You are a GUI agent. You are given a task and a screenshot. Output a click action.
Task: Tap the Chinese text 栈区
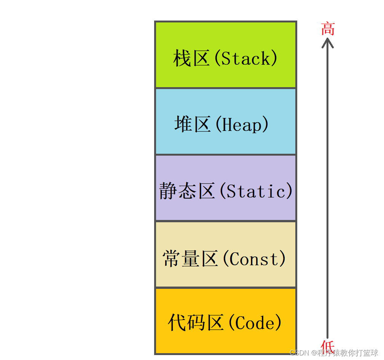191,59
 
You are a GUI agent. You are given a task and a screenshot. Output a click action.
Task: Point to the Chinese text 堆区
193,125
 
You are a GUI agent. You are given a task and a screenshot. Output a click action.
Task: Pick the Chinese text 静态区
187,191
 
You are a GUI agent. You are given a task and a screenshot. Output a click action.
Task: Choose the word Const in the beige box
255,259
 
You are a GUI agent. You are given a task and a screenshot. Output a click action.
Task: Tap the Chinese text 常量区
190,259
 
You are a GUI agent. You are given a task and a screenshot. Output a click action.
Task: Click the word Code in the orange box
255,323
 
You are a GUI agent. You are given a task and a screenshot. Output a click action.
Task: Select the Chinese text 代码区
196,323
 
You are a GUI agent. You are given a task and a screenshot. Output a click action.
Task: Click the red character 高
328,29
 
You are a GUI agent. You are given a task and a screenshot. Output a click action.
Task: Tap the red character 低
328,346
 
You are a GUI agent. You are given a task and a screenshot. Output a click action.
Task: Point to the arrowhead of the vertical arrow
328,42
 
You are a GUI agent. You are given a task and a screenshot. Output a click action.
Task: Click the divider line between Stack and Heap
225,88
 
